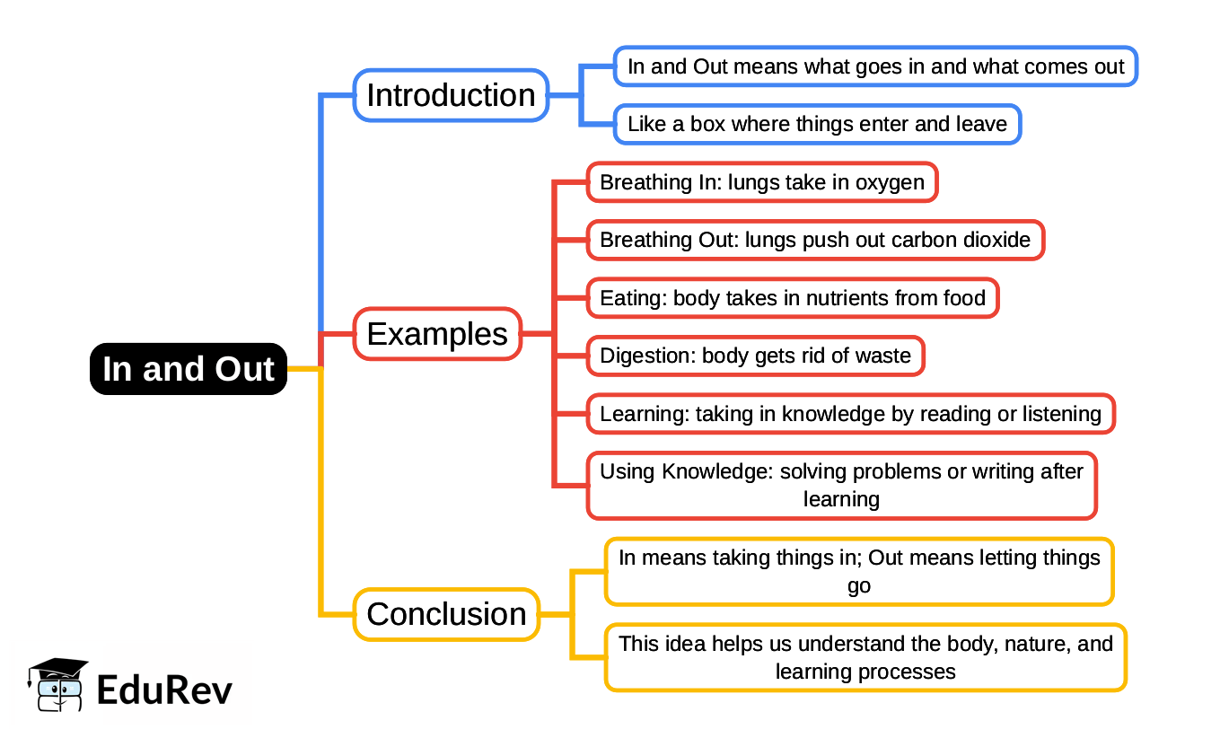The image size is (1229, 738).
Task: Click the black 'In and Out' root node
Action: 189,368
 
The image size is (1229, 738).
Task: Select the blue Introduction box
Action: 451,95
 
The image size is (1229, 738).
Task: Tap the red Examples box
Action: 437,334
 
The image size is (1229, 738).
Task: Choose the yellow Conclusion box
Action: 446,614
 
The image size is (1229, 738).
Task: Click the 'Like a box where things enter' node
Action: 817,124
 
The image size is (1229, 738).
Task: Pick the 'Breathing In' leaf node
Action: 762,182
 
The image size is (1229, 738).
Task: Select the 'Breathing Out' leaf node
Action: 815,240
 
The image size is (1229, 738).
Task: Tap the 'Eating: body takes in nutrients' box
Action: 793,298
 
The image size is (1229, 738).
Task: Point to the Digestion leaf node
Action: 756,356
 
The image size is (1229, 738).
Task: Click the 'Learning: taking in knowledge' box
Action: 850,414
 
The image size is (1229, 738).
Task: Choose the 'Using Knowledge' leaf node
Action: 842,486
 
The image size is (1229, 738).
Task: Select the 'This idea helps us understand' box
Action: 865,657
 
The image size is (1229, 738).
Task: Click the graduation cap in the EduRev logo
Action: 57,670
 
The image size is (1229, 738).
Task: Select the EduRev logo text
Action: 164,690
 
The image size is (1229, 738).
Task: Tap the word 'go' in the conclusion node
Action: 859,586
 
